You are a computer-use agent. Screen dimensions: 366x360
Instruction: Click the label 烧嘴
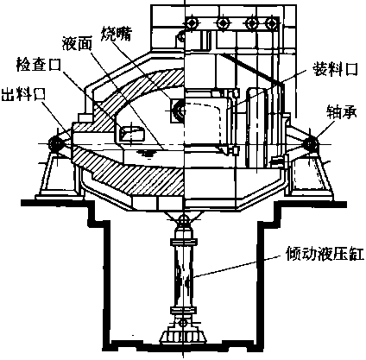[x=117, y=34]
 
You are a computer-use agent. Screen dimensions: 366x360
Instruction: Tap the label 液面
[x=77, y=44]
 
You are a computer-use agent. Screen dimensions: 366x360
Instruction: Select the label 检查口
[x=38, y=64]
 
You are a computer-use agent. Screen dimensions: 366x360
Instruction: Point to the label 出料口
[x=23, y=94]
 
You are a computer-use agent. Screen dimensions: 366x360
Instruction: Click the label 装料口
[x=336, y=69]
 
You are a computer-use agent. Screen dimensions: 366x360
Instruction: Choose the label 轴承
[x=342, y=112]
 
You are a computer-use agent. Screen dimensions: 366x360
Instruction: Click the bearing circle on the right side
[x=311, y=143]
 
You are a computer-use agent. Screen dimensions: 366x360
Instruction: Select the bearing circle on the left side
[x=55, y=143]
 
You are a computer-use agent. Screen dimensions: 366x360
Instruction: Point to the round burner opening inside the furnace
[x=181, y=110]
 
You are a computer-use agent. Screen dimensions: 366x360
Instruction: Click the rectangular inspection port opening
[x=131, y=134]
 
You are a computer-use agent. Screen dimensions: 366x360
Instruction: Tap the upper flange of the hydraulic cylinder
[x=183, y=242]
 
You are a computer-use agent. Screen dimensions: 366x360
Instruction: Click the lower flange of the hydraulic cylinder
[x=183, y=311]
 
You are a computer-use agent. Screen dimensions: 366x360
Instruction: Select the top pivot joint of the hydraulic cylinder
[x=183, y=221]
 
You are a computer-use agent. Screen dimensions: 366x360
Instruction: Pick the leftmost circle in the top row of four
[x=192, y=23]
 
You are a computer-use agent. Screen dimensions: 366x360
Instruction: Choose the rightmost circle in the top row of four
[x=271, y=23]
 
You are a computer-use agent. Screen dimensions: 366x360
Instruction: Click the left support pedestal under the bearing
[x=59, y=175]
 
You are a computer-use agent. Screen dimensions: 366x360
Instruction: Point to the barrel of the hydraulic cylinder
[x=183, y=275]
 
